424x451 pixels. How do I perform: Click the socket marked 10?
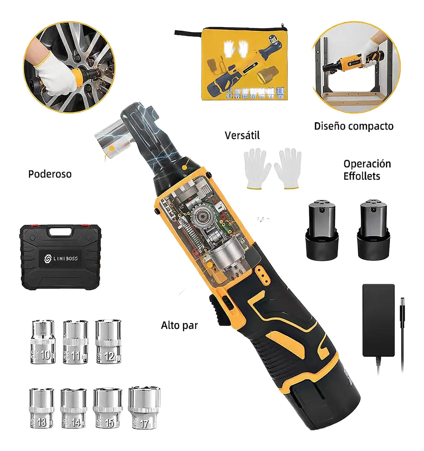43,342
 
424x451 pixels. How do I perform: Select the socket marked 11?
75,342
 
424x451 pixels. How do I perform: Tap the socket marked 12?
108,342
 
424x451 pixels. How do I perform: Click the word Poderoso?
50,174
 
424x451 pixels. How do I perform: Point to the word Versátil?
242,135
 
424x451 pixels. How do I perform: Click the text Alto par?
179,325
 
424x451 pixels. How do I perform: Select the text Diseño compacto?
354,126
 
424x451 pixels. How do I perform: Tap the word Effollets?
362,176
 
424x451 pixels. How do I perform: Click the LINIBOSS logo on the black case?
60,259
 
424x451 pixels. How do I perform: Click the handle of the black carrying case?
60,231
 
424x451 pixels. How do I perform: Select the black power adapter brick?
378,320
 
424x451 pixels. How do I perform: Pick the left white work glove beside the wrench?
257,168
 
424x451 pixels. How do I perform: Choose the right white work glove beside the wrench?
288,168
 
